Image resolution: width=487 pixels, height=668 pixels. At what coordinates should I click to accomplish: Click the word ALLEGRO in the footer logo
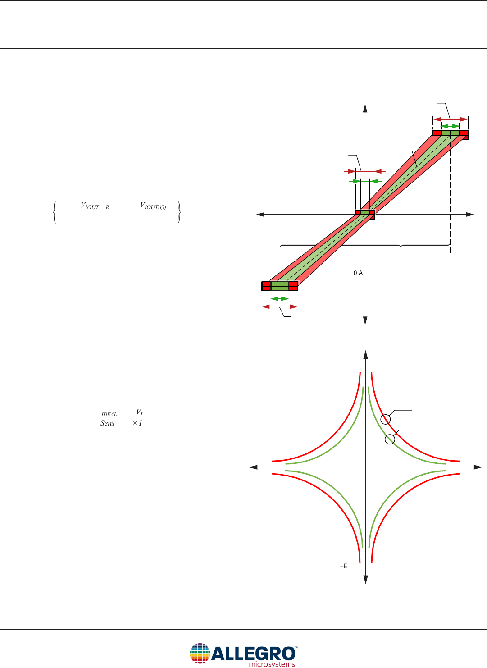coord(253,654)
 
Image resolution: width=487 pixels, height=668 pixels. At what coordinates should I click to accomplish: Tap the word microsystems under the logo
coord(272,664)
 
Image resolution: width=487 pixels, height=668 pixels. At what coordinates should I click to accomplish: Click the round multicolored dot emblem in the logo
coord(200,653)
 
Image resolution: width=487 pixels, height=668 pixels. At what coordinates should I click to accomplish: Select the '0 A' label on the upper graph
coord(358,273)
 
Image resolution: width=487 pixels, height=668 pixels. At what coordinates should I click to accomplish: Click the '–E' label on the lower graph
coord(344,567)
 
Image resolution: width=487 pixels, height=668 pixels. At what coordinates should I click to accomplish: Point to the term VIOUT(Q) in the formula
coord(153,206)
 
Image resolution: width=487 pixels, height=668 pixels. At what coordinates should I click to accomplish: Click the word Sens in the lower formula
coord(107,423)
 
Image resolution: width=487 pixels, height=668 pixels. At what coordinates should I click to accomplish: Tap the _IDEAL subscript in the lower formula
coord(108,414)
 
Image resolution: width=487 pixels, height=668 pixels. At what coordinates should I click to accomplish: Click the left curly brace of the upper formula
coord(55,212)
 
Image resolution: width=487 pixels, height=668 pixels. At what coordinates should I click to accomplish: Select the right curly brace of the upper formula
coord(179,212)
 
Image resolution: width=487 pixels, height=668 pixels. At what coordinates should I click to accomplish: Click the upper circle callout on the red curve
coord(386,419)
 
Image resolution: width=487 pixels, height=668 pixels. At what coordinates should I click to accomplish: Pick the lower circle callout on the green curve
coord(390,439)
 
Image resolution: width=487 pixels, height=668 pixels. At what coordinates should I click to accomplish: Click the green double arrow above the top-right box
coord(450,126)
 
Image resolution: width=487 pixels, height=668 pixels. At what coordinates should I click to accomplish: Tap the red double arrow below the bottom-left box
coord(280,307)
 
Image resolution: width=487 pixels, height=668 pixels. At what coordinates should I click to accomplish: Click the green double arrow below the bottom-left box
coord(280,299)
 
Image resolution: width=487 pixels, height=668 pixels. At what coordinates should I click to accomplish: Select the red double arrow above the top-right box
coord(451,119)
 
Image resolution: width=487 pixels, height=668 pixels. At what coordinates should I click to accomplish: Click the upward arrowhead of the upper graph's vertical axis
coord(365,108)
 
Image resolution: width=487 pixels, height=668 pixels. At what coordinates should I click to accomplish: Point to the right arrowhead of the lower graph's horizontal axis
coord(478,467)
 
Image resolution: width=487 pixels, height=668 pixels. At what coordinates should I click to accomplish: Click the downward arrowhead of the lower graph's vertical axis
coord(366,580)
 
